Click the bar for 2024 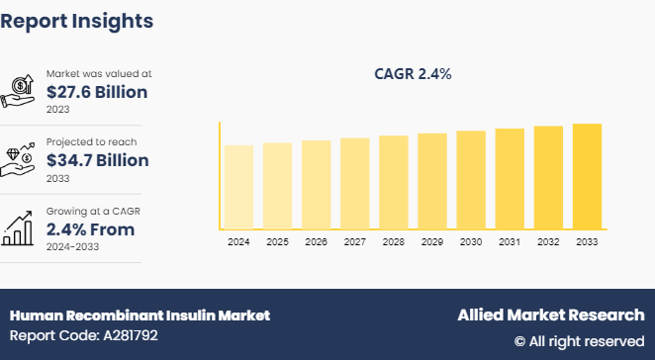click(238, 187)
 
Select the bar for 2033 click(587, 176)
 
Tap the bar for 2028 click(393, 182)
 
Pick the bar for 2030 click(471, 179)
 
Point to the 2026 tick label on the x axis click(316, 241)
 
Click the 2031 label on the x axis click(510, 241)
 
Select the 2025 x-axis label click(277, 241)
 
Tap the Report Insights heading click(77, 20)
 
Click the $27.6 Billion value click(97, 92)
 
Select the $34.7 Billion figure click(97, 160)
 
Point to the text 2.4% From click(90, 229)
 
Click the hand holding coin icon click(21, 91)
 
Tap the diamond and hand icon click(21, 159)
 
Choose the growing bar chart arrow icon click(21, 227)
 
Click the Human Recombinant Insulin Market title click(140, 315)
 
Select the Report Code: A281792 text click(84, 335)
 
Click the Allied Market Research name click(550, 315)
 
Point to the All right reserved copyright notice click(579, 341)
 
